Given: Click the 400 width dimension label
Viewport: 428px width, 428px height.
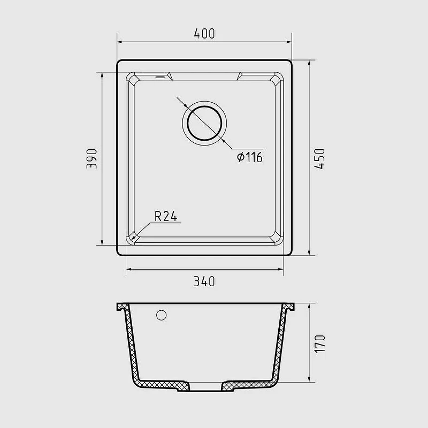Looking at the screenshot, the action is [204, 34].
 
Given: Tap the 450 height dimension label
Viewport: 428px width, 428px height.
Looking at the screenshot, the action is [319, 159].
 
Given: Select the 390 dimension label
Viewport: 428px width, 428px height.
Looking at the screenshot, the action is [91, 158].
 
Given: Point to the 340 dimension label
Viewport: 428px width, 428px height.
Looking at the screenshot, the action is [204, 281].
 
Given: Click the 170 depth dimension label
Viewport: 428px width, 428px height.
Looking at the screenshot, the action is [320, 344].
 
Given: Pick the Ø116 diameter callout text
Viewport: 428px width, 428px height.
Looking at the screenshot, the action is [249, 157].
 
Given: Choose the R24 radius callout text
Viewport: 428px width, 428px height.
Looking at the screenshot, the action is [166, 216].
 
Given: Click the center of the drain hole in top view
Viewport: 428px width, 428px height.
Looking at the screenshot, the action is [204, 123].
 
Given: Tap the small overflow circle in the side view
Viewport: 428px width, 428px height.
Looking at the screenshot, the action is [162, 315].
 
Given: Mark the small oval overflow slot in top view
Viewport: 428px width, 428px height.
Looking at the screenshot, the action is [160, 77].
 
